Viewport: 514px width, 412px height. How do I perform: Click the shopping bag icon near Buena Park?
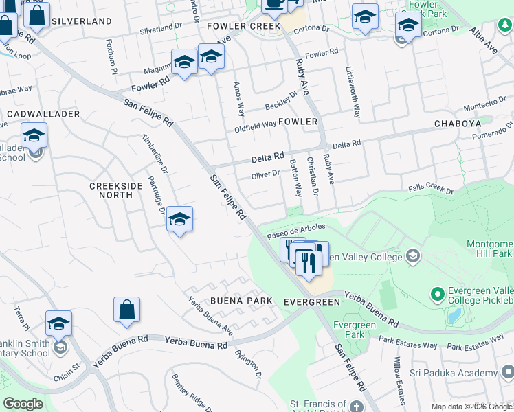[x=127, y=310]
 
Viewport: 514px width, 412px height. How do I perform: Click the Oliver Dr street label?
[x=265, y=175]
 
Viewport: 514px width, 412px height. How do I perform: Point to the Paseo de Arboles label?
[x=301, y=228]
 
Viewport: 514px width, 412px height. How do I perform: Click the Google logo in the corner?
[x=23, y=404]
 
